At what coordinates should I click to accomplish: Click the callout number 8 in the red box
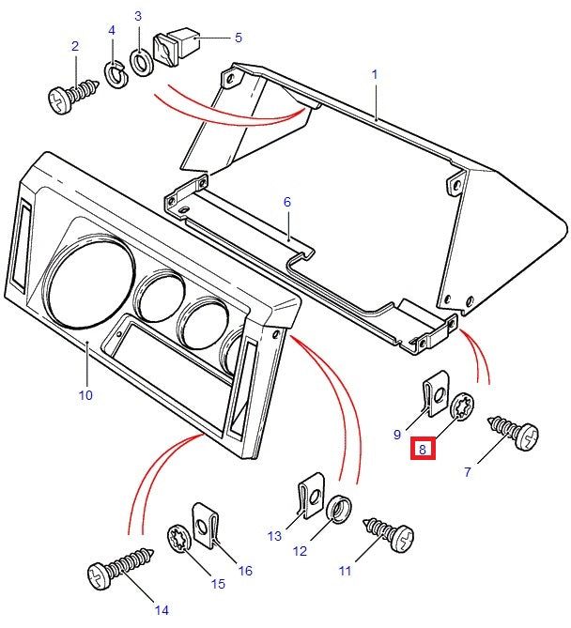coord(423,450)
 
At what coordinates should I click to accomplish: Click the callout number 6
coord(287,201)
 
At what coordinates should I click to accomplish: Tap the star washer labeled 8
coord(462,409)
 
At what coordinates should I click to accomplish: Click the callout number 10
coord(85,395)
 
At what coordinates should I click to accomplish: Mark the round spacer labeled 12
coord(342,508)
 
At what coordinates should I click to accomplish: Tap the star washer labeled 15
coord(178,539)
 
